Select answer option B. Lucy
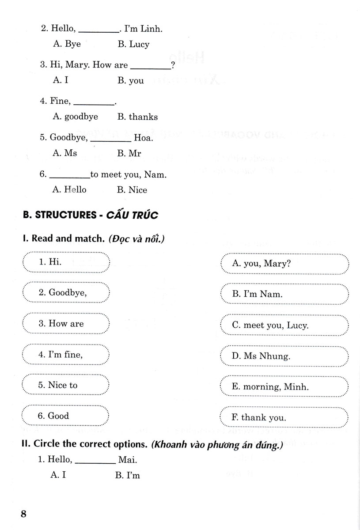point(133,44)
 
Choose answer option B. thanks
point(137,117)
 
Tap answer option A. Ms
point(64,153)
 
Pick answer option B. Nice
point(132,190)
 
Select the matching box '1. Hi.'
point(65,262)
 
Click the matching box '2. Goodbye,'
point(65,293)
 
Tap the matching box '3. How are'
point(65,324)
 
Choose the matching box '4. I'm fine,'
point(65,355)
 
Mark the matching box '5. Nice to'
point(65,386)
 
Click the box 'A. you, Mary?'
point(284,264)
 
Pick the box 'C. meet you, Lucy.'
point(284,326)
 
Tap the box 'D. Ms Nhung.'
point(284,356)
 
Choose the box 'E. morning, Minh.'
point(284,387)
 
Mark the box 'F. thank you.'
point(284,418)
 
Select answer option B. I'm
point(127,475)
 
